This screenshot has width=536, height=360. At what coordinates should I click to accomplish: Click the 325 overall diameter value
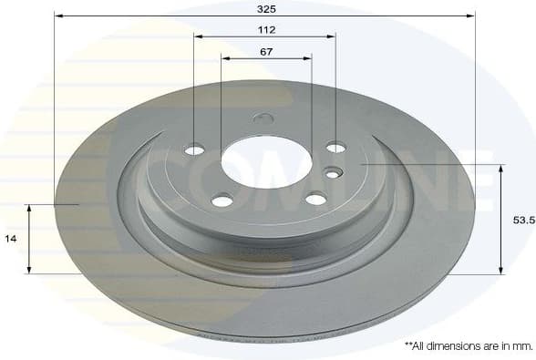(x=266, y=7)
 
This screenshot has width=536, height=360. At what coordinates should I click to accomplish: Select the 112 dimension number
(x=266, y=29)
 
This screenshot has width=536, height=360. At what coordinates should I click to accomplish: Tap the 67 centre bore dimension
(x=266, y=51)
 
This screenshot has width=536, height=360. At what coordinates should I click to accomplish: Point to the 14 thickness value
(x=10, y=238)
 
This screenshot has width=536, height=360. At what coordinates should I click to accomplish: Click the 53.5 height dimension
(x=521, y=220)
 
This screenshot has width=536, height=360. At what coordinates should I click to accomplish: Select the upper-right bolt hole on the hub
(x=336, y=147)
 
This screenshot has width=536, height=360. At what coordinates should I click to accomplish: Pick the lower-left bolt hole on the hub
(x=222, y=200)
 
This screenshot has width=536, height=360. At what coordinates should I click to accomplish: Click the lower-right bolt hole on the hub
(x=315, y=199)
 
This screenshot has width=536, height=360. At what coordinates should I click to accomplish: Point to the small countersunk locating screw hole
(x=333, y=171)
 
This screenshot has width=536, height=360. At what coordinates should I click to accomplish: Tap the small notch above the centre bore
(x=263, y=118)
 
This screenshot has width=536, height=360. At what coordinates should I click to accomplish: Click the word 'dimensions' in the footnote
(x=454, y=346)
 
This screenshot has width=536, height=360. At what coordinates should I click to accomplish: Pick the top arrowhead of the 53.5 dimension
(x=500, y=169)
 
